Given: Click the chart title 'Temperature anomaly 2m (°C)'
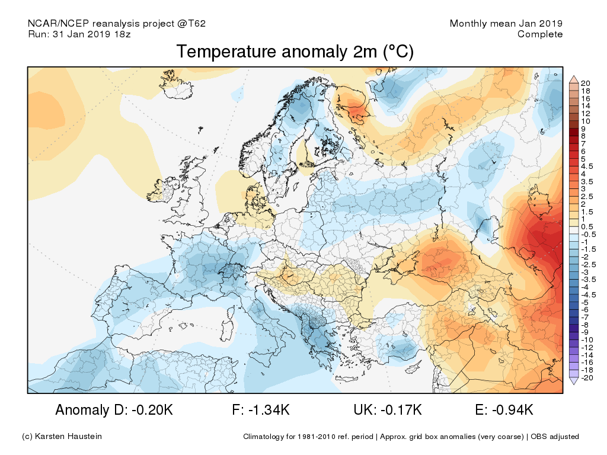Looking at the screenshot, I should click(x=295, y=52).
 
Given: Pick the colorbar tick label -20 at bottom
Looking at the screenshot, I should click(x=587, y=378).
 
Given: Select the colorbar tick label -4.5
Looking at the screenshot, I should click(x=589, y=294).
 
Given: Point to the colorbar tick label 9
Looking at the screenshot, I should click(x=584, y=129).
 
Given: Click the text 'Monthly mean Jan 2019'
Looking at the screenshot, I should click(x=506, y=24).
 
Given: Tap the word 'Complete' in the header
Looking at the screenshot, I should click(x=539, y=34).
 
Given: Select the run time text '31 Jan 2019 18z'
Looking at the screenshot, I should click(x=91, y=34).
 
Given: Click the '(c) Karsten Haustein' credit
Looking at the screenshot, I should click(x=62, y=437).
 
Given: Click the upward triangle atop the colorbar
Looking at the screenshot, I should click(x=573, y=79).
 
